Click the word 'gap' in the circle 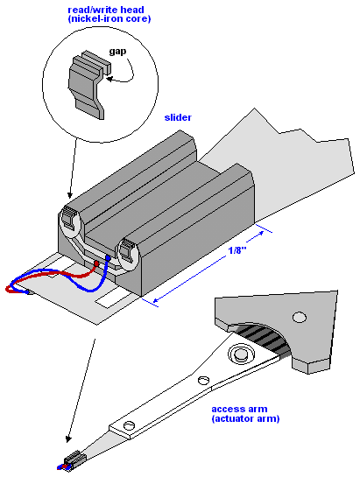pos(117,52)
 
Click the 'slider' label pos(178,117)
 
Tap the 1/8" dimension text pos(237,250)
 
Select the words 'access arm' pos(239,409)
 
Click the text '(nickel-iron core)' pos(109,19)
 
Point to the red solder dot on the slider pos(96,263)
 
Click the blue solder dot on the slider pos(108,258)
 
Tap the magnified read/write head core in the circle pos(89,84)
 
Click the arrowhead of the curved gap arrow pos(109,79)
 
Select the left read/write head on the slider pos(69,219)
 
